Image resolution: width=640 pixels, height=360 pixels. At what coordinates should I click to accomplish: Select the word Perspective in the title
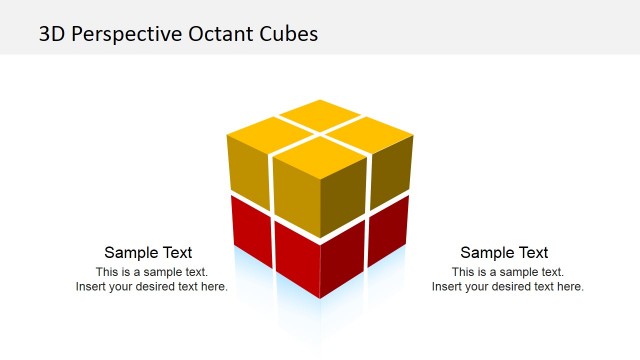(123, 33)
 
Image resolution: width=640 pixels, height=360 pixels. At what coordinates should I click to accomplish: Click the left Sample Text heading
(148, 253)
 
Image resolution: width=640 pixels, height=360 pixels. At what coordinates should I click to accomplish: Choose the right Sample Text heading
(504, 253)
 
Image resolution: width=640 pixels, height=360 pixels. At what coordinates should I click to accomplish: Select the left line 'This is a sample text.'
(152, 272)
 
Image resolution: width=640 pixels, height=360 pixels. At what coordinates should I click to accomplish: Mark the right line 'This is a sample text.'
(508, 272)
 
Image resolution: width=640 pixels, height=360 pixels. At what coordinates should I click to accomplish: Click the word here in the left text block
(214, 287)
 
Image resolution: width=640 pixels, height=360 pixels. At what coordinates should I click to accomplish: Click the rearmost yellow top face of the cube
(320, 115)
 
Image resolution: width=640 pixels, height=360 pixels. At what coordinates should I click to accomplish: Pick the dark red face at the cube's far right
(391, 230)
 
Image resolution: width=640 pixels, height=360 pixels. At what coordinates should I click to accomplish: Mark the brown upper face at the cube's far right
(391, 168)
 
